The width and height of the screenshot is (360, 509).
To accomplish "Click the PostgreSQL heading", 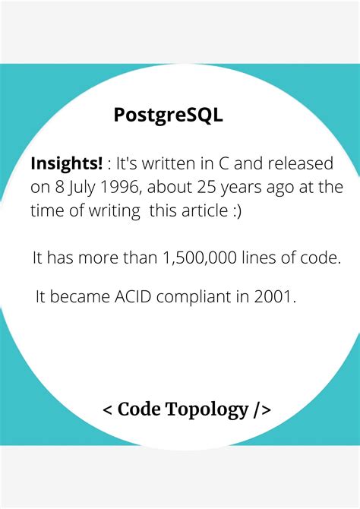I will pyautogui.click(x=168, y=115).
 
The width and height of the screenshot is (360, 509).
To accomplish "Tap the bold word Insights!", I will pyautogui.click(x=66, y=164).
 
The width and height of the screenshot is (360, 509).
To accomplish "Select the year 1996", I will pyautogui.click(x=122, y=188).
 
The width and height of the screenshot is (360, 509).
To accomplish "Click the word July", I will pyautogui.click(x=81, y=188).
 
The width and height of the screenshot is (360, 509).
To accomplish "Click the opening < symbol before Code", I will pyautogui.click(x=108, y=410).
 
